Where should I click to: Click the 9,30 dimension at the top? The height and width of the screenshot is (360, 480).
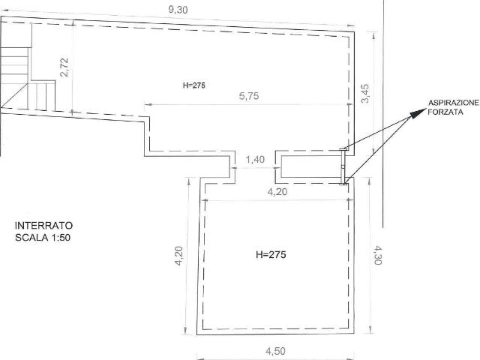[178, 10]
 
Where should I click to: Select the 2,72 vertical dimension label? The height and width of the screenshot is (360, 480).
[64, 67]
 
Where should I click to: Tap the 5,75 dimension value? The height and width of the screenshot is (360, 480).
[249, 96]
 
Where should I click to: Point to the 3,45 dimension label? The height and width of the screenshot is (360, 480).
[365, 94]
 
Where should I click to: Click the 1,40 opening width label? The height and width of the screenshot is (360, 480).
[255, 160]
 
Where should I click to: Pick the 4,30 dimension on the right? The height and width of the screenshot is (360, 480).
[377, 255]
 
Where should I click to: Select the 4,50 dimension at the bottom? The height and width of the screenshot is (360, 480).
[275, 351]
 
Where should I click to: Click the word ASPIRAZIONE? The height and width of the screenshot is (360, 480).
[453, 103]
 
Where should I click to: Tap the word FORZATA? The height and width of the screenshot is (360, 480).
[445, 112]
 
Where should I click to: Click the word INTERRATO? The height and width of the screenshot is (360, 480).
[43, 226]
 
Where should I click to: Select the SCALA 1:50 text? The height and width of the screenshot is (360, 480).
[43, 238]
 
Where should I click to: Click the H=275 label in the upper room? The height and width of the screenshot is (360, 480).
[194, 85]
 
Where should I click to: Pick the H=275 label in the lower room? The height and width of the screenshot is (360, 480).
[271, 255]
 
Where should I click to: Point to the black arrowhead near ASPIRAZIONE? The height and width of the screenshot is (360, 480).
[415, 113]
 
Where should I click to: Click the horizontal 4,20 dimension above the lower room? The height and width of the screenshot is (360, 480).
[277, 192]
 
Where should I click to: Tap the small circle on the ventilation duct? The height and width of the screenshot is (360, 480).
[343, 166]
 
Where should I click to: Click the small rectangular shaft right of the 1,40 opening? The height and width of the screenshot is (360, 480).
[310, 166]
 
